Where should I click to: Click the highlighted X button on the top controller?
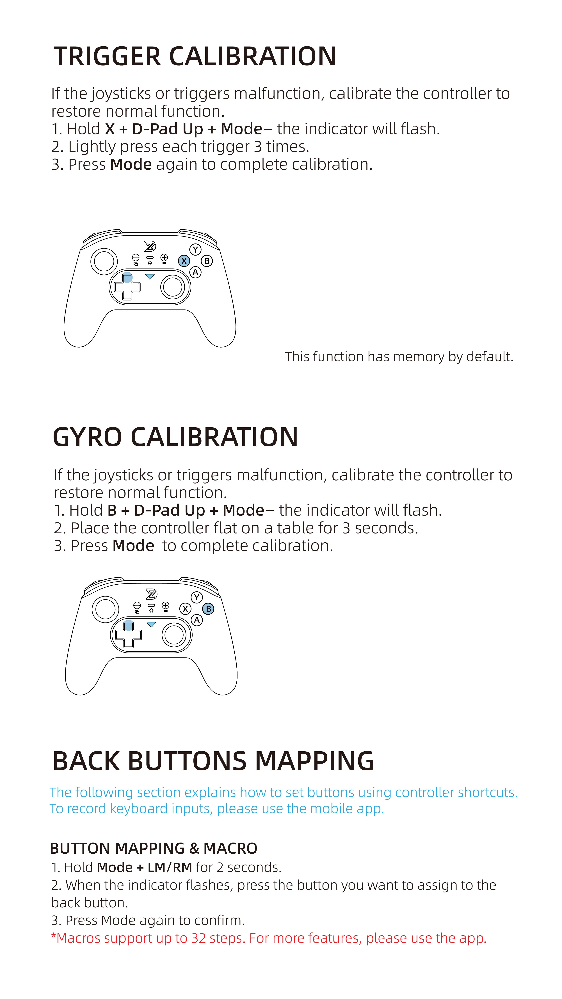184,261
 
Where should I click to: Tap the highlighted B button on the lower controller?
208,609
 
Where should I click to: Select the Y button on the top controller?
195,249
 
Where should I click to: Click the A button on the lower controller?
197,620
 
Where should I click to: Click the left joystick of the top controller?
104,261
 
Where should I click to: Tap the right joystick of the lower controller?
174,635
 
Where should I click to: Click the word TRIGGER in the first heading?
107,57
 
